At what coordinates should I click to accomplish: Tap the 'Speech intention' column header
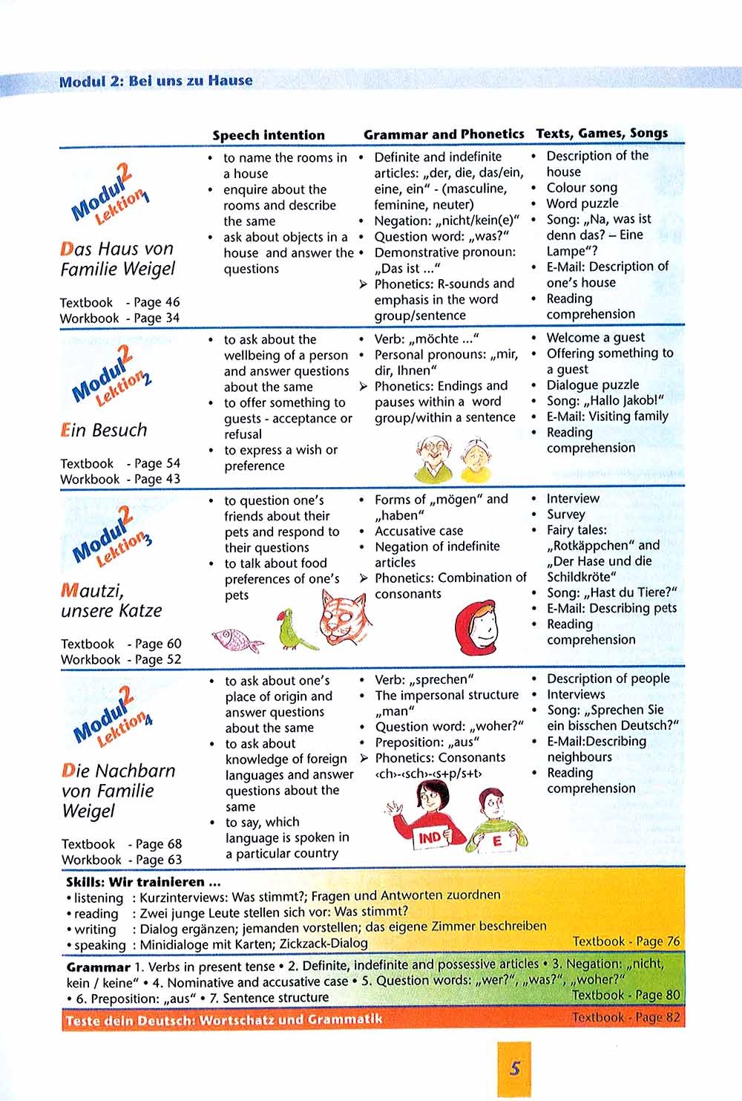(x=269, y=135)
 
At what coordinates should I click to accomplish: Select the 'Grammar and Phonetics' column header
(x=444, y=134)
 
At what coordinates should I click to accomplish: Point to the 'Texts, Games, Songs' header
(x=602, y=134)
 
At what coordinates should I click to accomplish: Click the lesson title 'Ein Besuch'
(x=104, y=430)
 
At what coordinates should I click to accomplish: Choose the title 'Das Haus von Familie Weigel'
(x=117, y=258)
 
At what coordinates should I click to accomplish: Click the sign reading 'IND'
(x=430, y=837)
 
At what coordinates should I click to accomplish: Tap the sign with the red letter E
(x=497, y=841)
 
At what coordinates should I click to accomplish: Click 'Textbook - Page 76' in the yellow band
(x=626, y=941)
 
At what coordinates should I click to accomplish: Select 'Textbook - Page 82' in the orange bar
(x=626, y=1017)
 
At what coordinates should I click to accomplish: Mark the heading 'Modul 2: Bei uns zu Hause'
(x=156, y=81)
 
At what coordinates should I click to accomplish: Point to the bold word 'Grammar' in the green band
(x=98, y=967)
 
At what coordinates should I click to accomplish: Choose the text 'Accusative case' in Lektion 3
(x=418, y=531)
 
